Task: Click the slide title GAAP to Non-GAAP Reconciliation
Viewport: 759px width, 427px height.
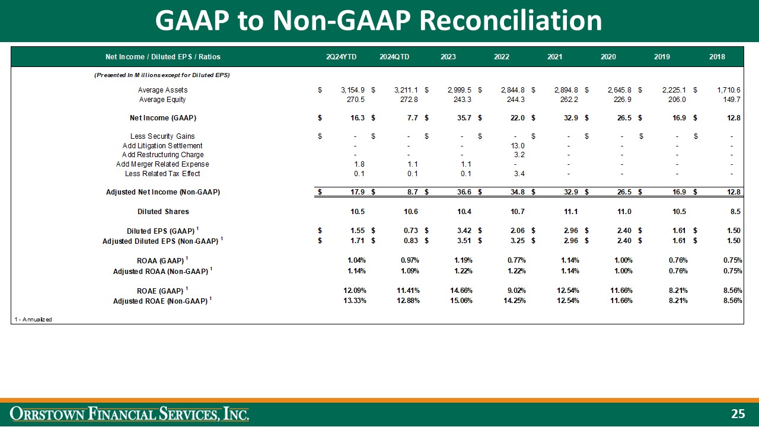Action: click(x=378, y=21)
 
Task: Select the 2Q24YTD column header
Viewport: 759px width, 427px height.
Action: click(x=341, y=57)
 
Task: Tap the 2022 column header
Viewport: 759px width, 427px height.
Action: click(x=501, y=57)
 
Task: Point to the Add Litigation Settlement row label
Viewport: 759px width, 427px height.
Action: click(x=162, y=146)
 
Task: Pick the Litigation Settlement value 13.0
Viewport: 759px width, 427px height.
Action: click(x=518, y=146)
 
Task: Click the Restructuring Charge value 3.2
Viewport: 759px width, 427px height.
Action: click(x=519, y=155)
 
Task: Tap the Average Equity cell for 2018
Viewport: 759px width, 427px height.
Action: click(x=731, y=100)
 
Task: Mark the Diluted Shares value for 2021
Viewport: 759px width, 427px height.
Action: click(x=569, y=211)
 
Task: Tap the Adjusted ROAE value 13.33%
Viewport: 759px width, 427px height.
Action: click(x=352, y=301)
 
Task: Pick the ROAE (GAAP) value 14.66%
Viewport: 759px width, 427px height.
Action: click(x=460, y=290)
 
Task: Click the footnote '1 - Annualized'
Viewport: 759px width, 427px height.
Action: click(x=33, y=320)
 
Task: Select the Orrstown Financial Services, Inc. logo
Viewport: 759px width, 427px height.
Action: click(x=129, y=413)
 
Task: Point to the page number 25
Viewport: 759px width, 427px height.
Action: click(x=737, y=413)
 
